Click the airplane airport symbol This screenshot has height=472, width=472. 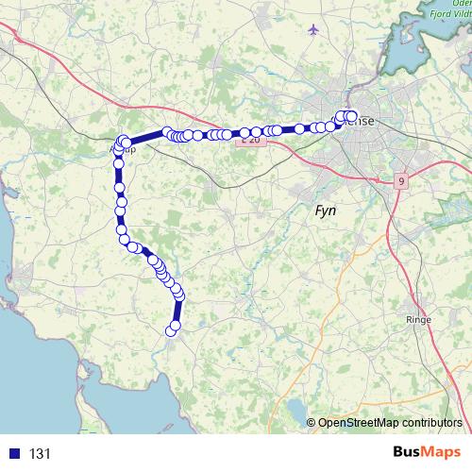313,30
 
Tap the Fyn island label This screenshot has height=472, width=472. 327,211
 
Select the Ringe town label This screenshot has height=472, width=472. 417,320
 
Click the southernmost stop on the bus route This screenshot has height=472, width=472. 172,329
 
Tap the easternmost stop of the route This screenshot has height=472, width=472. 353,116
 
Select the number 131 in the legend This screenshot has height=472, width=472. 41,454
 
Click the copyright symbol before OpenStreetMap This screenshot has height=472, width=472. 312,423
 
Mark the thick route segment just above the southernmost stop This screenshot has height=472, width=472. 177,312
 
